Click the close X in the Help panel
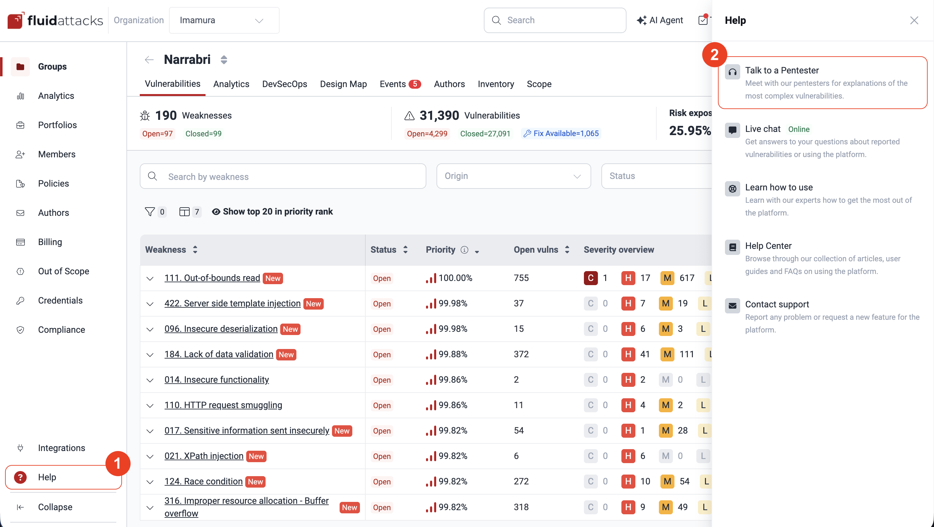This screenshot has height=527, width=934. click(x=914, y=20)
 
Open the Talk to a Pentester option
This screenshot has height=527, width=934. click(x=782, y=70)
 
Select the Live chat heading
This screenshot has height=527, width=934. click(x=762, y=129)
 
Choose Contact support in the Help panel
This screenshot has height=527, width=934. click(x=777, y=304)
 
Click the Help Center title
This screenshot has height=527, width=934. click(x=768, y=246)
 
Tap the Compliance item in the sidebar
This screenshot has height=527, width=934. click(x=61, y=330)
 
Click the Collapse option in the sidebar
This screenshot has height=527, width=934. click(x=55, y=507)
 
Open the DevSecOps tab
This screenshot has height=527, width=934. click(x=284, y=84)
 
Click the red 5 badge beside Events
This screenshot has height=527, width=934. click(x=415, y=84)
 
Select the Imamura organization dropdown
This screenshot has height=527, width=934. click(x=224, y=20)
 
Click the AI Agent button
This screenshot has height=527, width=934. click(x=660, y=20)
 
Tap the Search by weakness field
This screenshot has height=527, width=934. click(x=283, y=176)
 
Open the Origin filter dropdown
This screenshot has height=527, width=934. click(x=513, y=176)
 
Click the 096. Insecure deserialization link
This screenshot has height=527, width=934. click(x=221, y=329)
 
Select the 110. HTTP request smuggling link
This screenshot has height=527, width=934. click(x=223, y=405)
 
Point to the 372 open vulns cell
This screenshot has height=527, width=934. click(x=521, y=354)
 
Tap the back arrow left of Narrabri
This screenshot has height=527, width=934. click(x=149, y=59)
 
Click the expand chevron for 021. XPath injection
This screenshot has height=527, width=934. click(x=150, y=456)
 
